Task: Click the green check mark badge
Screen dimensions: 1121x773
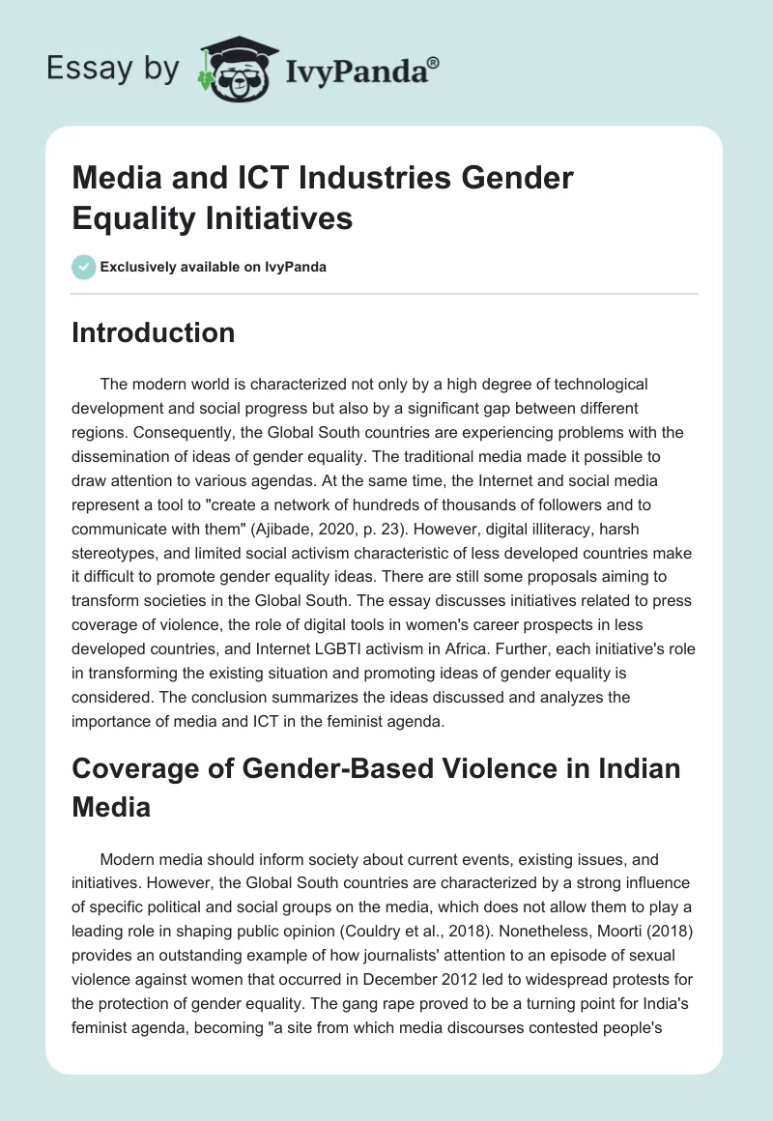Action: [x=84, y=267]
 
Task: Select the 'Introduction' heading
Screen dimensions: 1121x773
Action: [x=154, y=332]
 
